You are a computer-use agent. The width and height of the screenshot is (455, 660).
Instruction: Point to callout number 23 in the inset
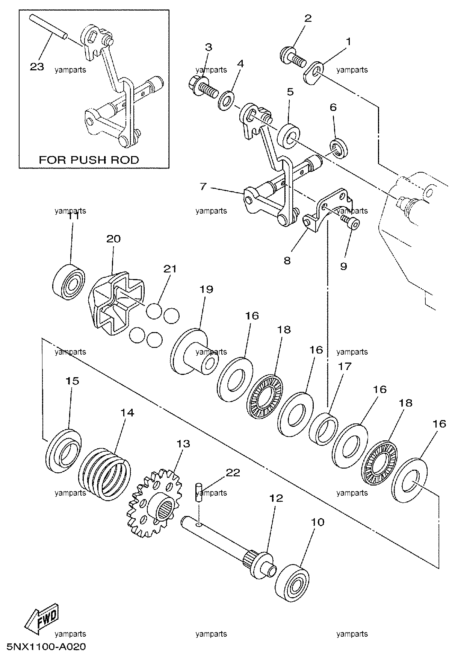click(37, 67)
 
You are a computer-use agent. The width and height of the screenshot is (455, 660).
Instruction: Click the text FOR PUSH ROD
click(89, 159)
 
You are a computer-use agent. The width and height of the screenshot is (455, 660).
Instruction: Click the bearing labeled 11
click(68, 278)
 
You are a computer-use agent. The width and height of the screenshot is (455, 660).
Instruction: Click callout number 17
click(346, 366)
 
